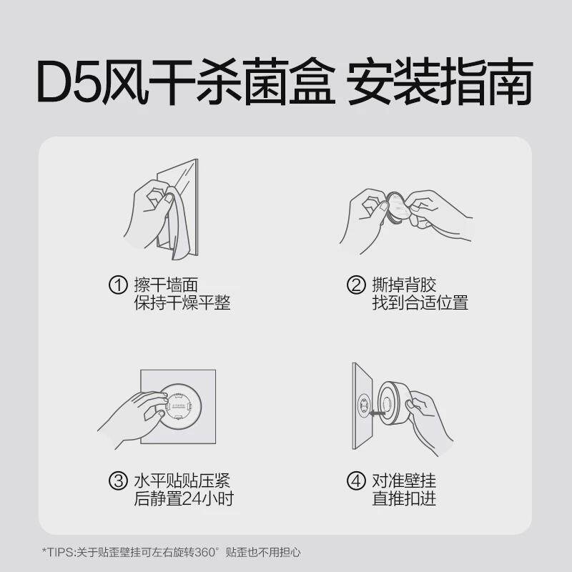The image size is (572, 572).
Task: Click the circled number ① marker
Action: tap(118, 285)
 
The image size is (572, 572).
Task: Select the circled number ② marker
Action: tap(356, 285)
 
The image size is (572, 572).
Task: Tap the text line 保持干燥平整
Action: tap(182, 303)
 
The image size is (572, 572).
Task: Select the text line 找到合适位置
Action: tap(420, 303)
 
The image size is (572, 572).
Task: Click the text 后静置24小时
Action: tap(184, 498)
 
